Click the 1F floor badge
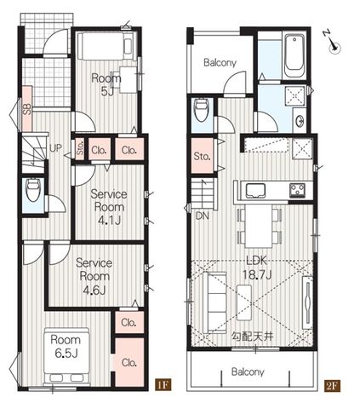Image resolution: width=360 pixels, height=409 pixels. coord(163,385)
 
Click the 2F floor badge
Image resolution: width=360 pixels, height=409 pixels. coord(332,385)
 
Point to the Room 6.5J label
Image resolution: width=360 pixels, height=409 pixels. coord(66,346)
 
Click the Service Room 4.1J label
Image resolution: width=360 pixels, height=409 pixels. coord(109,207)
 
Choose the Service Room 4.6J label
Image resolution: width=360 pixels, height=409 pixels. coord(94,276)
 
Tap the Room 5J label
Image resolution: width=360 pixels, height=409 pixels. coord(106,84)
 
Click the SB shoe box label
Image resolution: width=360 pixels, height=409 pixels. coord(27,109)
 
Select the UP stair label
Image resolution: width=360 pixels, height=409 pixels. coord(55,147)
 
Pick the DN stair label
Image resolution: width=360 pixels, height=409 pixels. coord(203,216)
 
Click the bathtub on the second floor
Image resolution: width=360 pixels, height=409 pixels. coord(294,56)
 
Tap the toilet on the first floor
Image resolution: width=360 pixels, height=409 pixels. coord(32,189)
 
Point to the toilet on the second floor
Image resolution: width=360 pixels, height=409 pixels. coord(202,109)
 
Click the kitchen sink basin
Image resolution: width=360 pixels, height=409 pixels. coord(255,190)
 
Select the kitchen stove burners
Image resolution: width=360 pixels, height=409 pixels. coord(297,190)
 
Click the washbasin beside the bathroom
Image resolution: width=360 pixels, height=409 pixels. coord(300,121)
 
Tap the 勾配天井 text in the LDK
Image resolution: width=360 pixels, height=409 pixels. coord(253,337)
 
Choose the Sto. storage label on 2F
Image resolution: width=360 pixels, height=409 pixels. coord(203,156)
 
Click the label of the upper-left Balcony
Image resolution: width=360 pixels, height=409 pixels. coord(220,63)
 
